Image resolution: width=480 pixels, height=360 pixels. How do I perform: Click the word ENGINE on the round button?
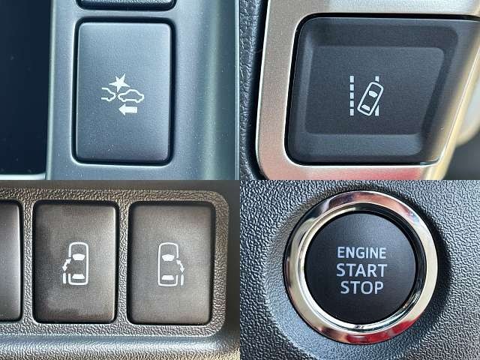361,253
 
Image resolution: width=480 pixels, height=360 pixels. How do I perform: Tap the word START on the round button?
361,270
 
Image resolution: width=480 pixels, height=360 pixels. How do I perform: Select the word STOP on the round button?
361,287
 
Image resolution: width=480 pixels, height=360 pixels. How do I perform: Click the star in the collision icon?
119,82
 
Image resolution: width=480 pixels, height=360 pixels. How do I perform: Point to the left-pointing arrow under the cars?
128,109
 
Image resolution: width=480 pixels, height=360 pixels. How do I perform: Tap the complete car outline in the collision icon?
131,97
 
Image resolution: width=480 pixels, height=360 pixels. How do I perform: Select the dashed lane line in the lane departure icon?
352,96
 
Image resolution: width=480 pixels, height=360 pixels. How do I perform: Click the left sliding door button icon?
76,263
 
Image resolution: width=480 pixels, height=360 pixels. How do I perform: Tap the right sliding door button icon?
171,265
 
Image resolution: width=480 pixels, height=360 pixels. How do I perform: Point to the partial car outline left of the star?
109,94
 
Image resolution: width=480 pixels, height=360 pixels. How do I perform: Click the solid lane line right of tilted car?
377,96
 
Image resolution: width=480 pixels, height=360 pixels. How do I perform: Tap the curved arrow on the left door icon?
67,264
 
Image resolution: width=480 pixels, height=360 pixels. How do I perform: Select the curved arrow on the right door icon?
181,265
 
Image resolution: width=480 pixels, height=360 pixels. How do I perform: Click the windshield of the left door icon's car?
79,256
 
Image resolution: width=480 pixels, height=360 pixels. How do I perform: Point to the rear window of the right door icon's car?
168,277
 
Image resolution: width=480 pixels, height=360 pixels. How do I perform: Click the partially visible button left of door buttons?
10,261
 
